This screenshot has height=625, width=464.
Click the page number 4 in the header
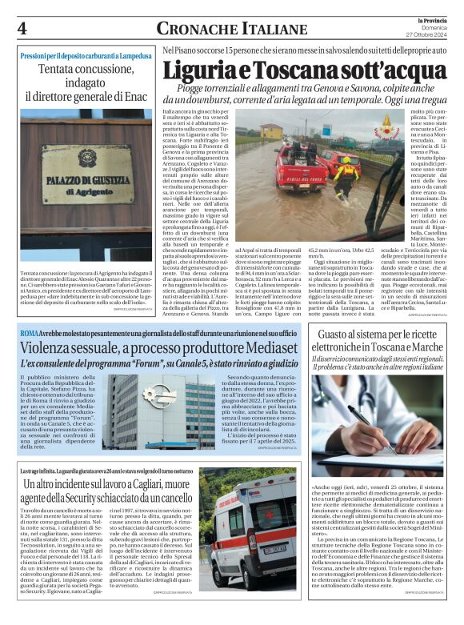(x=22, y=29)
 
